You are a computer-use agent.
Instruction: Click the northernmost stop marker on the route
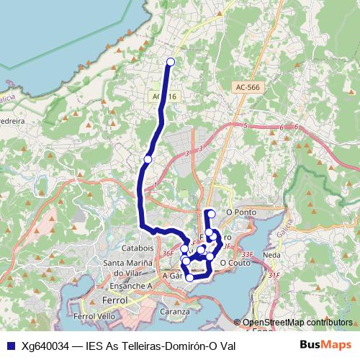171,62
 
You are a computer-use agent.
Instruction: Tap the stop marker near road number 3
148,159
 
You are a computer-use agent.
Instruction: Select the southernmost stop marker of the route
189,277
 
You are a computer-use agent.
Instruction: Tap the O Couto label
234,263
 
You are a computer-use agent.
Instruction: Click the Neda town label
272,255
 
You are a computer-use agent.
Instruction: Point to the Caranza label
176,312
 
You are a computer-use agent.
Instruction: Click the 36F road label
168,253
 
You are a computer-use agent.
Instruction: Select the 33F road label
247,254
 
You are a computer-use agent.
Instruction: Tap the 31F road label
274,275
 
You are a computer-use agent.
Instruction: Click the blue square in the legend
9,345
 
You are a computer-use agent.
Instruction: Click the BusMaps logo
325,345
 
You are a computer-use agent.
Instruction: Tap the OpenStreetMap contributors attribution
297,322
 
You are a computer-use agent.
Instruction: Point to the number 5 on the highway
245,125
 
